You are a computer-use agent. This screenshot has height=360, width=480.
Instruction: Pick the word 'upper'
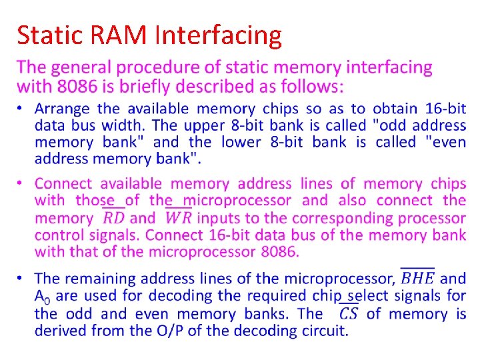click(x=207, y=125)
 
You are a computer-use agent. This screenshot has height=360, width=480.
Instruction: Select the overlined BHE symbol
click(x=417, y=279)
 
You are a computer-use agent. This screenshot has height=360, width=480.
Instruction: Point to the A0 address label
click(x=43, y=296)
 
